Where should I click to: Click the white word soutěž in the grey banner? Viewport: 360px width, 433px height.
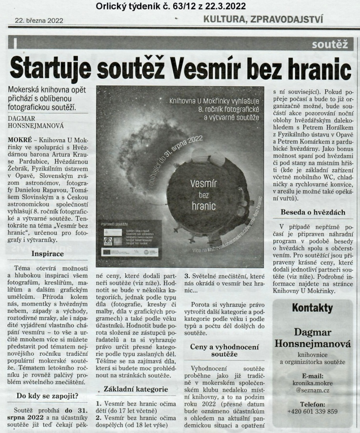[x=330, y=45]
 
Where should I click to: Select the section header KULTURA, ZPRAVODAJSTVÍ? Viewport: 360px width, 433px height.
[x=263, y=18]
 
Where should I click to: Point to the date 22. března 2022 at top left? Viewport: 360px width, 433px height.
[x=39, y=20]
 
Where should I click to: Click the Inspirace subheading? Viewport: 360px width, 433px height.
[x=48, y=254]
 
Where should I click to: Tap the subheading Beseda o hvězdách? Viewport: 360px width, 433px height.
[x=313, y=212]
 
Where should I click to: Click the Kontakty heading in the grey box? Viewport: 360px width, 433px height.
[x=313, y=307]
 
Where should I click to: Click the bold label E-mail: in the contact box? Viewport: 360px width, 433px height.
[x=313, y=376]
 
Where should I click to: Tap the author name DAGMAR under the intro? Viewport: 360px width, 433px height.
[x=20, y=118]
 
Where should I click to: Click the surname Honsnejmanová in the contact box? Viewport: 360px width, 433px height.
[x=313, y=344]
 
